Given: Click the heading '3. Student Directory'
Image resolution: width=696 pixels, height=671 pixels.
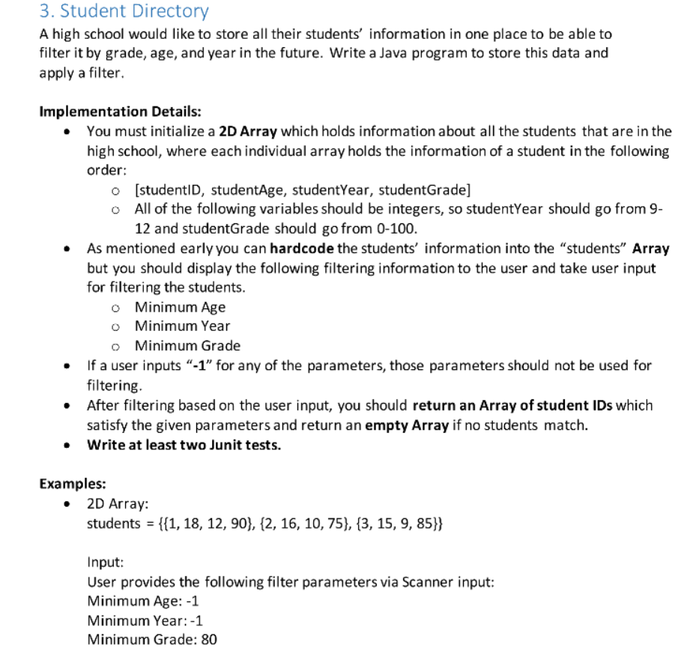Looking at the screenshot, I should tap(124, 11).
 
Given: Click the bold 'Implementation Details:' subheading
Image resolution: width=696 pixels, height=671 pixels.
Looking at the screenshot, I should tap(120, 112).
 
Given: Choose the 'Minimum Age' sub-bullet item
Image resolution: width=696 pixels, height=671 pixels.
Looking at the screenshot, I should tap(180, 306).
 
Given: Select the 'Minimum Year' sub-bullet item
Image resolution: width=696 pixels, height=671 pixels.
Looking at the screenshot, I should tap(182, 326).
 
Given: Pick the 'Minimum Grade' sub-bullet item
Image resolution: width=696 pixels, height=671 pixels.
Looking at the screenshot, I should tap(187, 345).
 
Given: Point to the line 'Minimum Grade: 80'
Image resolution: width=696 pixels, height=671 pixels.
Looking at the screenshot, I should tap(152, 640).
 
